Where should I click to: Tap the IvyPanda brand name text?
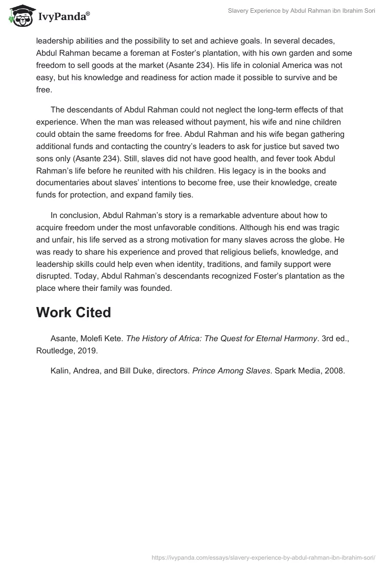pyautogui.click(x=64, y=18)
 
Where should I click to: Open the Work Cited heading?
pyautogui.click(x=73, y=313)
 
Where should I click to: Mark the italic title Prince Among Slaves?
pyautogui.click(x=231, y=371)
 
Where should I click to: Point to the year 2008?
pyautogui.click(x=335, y=371)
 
